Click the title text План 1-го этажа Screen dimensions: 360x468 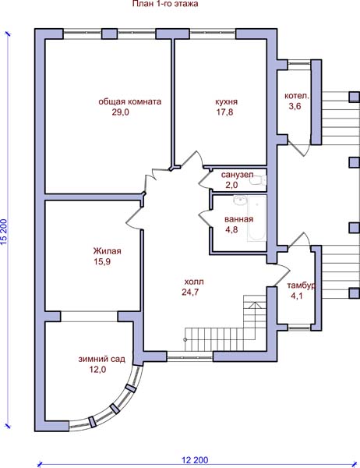165,4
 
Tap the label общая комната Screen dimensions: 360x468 130,101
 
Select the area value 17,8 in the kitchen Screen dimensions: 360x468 225,112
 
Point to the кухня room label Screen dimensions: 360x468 227,101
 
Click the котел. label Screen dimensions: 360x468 297,96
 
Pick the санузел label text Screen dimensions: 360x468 237,175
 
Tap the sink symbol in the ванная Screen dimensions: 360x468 240,200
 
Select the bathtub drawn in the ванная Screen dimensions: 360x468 256,218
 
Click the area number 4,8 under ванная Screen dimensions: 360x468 231,230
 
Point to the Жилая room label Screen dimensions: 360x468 107,251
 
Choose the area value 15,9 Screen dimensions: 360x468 102,262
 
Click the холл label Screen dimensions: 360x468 194,282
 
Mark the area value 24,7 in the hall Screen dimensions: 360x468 190,292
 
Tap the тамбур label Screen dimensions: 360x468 302,285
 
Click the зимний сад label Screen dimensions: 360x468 102,359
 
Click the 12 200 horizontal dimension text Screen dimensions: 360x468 195,460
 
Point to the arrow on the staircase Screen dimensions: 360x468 255,321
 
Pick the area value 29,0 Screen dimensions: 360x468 121,112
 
